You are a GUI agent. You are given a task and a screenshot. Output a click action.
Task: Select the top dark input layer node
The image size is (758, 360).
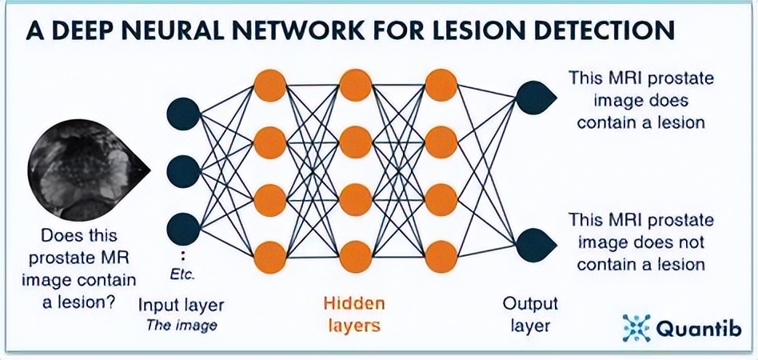tap(183, 114)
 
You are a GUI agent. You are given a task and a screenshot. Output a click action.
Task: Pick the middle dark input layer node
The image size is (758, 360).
tap(183, 171)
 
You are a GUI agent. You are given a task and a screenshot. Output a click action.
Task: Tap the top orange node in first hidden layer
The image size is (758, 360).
tap(269, 85)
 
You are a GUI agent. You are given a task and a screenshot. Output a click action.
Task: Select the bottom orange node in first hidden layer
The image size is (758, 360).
tap(269, 257)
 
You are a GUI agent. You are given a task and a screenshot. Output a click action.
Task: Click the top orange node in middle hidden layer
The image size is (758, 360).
tap(356, 85)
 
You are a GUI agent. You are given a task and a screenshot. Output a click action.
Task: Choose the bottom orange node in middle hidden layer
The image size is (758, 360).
tap(356, 257)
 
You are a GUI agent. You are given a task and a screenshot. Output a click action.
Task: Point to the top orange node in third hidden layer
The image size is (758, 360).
tap(441, 85)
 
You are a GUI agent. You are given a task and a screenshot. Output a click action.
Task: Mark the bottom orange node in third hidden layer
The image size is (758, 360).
tap(441, 257)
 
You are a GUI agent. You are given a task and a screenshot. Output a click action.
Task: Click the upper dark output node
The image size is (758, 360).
tap(531, 98)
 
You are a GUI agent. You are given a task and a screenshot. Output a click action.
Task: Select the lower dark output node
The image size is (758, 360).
tap(531, 242)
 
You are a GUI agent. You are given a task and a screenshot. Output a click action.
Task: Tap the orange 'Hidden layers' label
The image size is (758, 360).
tap(354, 314)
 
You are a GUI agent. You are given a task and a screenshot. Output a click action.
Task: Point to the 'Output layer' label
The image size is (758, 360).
tap(529, 314)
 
